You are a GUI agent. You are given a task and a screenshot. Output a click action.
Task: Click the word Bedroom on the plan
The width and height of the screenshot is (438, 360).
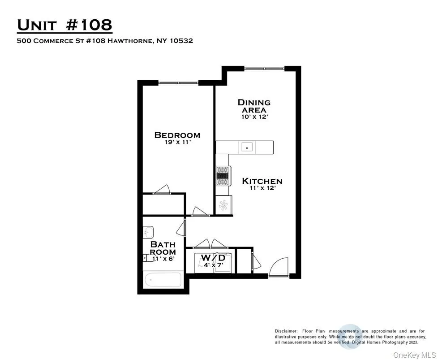click(177, 135)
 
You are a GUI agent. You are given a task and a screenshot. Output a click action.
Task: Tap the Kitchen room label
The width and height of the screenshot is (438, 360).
click(262, 181)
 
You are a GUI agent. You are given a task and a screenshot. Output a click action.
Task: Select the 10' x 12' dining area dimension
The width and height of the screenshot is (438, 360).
click(254, 117)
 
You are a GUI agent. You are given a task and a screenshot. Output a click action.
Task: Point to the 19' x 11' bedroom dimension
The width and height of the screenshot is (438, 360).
click(177, 143)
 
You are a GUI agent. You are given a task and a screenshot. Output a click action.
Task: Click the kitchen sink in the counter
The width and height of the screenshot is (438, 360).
click(247, 147)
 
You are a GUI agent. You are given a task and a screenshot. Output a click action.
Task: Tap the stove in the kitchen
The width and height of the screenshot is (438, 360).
click(222, 175)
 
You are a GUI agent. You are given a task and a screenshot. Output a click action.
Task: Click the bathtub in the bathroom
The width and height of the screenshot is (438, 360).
click(163, 281)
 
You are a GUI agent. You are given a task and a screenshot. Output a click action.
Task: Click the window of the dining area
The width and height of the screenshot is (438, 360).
click(264, 69)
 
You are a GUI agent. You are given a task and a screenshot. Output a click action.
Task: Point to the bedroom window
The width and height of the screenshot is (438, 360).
click(178, 83)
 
